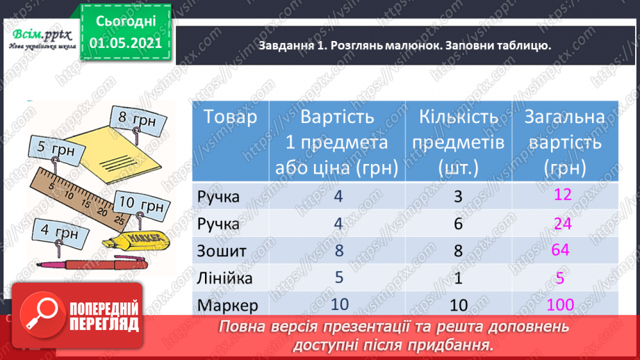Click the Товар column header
(x=224, y=117)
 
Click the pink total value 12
(x=562, y=195)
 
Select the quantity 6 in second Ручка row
(x=457, y=224)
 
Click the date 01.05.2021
(x=125, y=42)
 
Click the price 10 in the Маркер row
(x=339, y=304)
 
